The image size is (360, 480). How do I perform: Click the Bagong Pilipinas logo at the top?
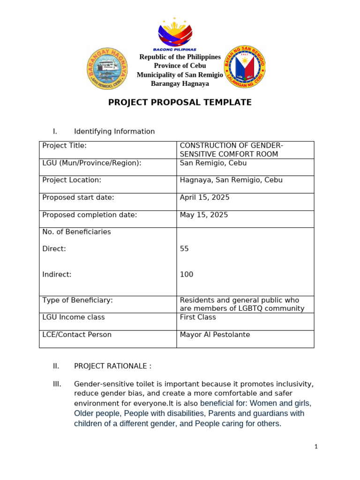pos(175,34)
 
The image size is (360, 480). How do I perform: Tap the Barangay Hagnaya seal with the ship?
pos(107,68)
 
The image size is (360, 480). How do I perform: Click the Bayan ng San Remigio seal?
pos(245,67)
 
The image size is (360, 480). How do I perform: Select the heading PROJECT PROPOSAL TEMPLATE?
pos(180,102)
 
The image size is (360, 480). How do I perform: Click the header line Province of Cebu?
pos(180,66)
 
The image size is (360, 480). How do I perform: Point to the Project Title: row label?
pos(65,145)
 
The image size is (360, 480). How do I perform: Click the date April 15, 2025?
pos(205,197)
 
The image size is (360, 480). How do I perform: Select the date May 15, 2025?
pos(204,215)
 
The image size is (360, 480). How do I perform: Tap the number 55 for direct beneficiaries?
pos(184,249)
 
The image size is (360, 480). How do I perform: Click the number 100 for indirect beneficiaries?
pos(187,274)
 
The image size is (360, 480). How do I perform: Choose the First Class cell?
pos(198,317)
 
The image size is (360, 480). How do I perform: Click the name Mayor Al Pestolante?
pos(215,335)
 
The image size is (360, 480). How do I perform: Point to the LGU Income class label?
pos(74,317)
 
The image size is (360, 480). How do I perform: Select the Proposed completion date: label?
pos(90,215)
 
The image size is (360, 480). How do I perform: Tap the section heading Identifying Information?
pos(114,132)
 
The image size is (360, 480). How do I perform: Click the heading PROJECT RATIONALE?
pos(112,366)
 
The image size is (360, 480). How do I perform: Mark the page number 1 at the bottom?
pos(316,447)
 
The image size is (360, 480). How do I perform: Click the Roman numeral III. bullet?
pos(57,384)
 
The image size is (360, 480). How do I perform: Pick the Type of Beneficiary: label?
pos(77,300)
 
